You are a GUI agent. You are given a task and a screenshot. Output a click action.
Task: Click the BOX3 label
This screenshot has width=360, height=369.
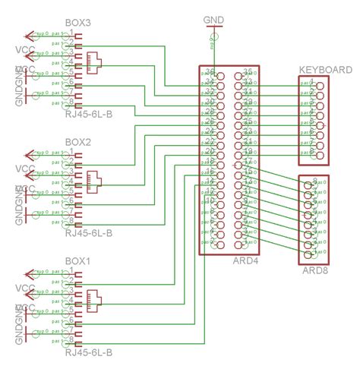click(x=78, y=24)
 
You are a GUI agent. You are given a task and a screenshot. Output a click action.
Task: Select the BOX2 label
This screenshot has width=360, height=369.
click(x=78, y=142)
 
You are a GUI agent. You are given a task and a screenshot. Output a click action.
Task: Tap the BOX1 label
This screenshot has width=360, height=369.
click(x=78, y=260)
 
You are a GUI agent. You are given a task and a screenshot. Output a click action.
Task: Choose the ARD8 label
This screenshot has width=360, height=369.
click(x=314, y=271)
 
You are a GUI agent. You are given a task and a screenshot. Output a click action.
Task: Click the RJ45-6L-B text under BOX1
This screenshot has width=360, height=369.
click(x=89, y=353)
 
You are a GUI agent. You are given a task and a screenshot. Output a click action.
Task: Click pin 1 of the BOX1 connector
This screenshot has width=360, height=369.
click(x=71, y=271)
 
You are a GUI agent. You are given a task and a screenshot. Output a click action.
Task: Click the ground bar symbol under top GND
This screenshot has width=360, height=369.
click(x=214, y=30)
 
